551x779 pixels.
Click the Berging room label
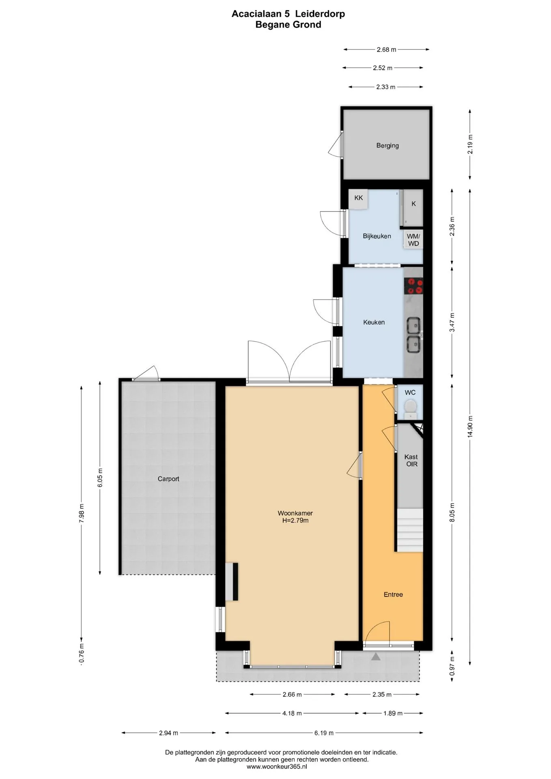(387, 145)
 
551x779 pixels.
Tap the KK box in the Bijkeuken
(359, 199)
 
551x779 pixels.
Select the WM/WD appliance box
(413, 240)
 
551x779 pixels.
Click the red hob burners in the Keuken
(413, 286)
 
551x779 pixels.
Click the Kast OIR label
(411, 460)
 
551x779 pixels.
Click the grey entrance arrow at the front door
(376, 656)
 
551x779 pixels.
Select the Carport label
(168, 479)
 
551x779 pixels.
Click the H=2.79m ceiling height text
(295, 521)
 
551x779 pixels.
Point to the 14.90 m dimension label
(470, 426)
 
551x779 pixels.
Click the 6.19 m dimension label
(324, 733)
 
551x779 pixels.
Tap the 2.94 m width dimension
(168, 733)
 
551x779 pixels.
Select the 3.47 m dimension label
(452, 322)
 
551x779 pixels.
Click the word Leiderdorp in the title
(320, 14)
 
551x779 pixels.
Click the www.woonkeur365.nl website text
(277, 766)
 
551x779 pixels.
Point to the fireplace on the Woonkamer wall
(232, 581)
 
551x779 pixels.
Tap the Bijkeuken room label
(377, 236)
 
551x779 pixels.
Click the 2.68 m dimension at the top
(386, 49)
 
